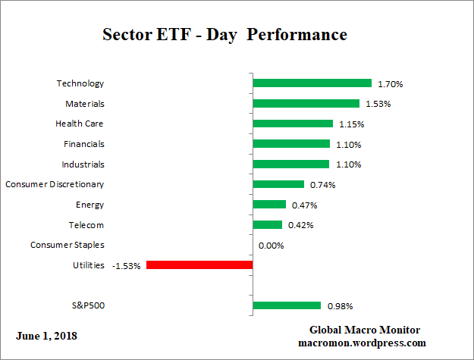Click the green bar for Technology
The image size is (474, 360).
pos(312,83)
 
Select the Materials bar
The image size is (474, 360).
pos(306,104)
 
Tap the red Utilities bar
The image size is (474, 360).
pos(199,265)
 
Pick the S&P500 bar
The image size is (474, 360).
pos(286,306)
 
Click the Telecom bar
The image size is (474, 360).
pos(267,225)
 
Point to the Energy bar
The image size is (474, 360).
pos(268,205)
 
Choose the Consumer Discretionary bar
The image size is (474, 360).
pos(278,184)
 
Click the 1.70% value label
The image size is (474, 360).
pos(390,84)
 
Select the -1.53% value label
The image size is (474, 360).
pos(126,266)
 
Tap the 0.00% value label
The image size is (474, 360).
pos(271,246)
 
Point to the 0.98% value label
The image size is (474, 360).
pos(340,306)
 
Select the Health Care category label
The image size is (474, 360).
pos(80,124)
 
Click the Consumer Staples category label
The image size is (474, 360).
pos(67,245)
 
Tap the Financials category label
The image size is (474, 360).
pos(84,144)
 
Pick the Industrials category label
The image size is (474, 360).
pos(83,164)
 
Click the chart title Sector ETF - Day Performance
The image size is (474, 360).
pos(224,35)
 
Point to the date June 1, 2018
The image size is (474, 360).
pos(46,335)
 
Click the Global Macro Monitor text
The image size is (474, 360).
pos(365,330)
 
